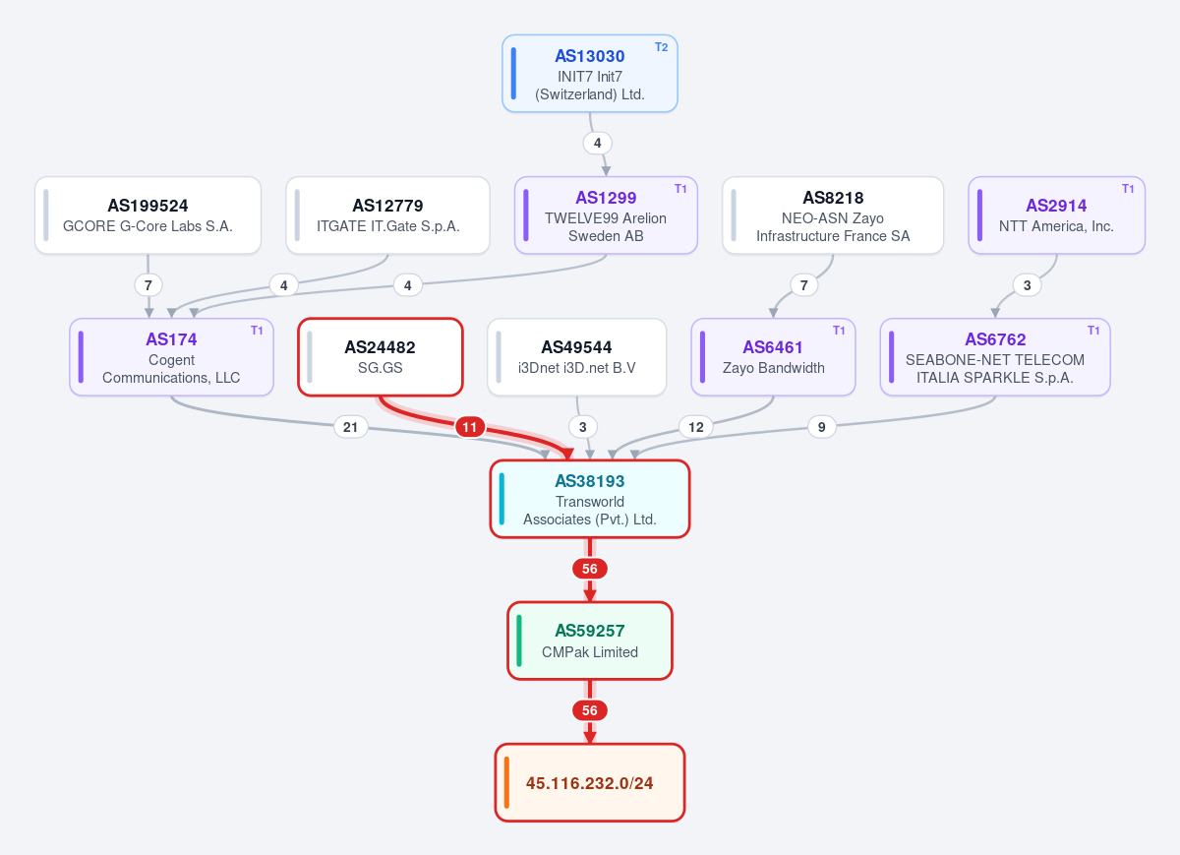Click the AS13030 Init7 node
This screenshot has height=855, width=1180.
[589, 73]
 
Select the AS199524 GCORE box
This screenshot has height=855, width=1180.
[148, 215]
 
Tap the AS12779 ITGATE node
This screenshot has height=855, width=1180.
[387, 215]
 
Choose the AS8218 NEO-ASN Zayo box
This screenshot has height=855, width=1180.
[833, 215]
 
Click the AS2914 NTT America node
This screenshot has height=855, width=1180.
[1057, 215]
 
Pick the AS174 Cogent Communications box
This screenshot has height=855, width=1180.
[171, 357]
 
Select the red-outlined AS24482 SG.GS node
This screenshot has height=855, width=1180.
[381, 357]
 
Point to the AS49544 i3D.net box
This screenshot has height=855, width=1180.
[577, 357]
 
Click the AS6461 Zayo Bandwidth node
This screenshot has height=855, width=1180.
[773, 357]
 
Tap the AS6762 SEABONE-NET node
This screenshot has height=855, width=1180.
[995, 357]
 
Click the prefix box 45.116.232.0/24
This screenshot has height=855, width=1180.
[589, 783]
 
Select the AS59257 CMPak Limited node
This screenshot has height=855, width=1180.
[589, 641]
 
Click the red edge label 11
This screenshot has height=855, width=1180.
[470, 427]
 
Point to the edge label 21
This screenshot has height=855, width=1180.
[350, 427]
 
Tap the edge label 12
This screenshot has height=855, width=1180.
[696, 427]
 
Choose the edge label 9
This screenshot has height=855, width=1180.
[821, 427]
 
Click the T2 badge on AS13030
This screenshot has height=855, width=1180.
[661, 47]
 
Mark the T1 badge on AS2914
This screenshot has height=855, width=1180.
[1128, 189]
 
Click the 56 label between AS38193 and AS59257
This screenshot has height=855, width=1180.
[589, 569]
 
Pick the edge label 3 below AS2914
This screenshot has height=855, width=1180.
[1028, 285]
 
